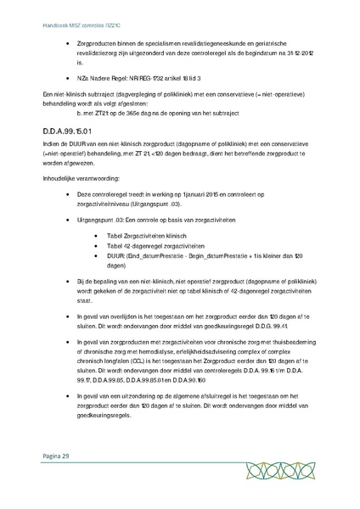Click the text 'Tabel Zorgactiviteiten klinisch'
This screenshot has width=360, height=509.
pyautogui.click(x=135, y=232)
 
